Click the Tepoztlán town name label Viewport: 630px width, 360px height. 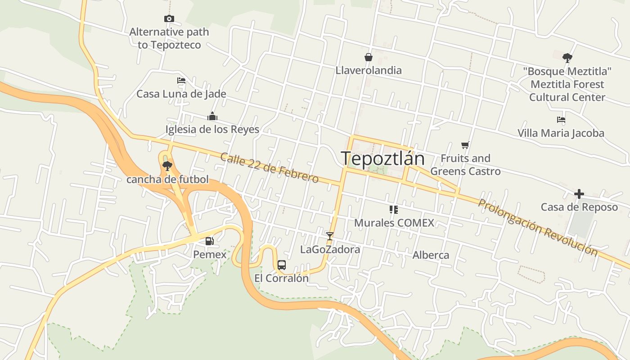[x=382, y=159]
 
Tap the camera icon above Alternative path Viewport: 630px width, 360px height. [x=169, y=18]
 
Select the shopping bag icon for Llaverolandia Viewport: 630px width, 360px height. [x=369, y=57]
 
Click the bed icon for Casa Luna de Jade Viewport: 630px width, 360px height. [x=181, y=81]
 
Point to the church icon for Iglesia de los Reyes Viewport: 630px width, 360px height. [x=212, y=116]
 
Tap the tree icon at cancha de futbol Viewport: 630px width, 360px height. [x=167, y=166]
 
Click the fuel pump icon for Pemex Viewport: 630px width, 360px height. [x=209, y=241]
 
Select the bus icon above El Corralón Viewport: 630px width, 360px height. [x=282, y=265]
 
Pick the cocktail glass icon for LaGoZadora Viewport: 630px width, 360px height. [x=330, y=236]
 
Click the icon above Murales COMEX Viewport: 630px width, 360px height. [x=394, y=209]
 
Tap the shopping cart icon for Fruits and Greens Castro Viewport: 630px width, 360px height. [x=465, y=145]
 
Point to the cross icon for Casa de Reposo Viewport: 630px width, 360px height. [x=579, y=194]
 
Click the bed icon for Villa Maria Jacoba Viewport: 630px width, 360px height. [x=561, y=120]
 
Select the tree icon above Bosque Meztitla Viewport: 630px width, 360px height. [x=567, y=58]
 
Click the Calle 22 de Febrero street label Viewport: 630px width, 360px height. [x=270, y=168]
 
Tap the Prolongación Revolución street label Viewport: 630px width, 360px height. [x=538, y=228]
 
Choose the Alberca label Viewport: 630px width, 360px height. [x=431, y=255]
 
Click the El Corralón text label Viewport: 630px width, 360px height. [x=282, y=278]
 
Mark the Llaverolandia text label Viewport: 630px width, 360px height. [x=369, y=70]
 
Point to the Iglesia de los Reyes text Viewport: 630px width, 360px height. [x=212, y=130]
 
